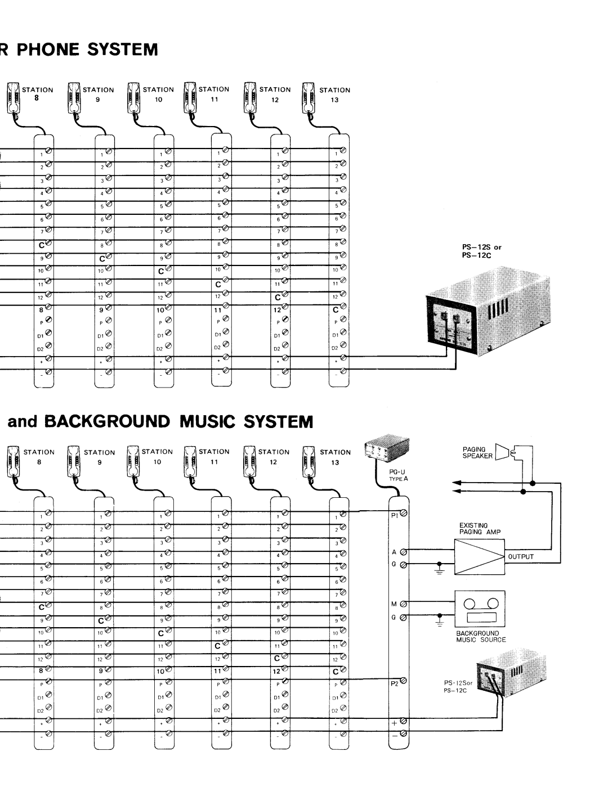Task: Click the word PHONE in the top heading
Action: (x=56, y=49)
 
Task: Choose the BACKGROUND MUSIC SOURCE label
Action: (x=481, y=636)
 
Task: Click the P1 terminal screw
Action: (x=404, y=514)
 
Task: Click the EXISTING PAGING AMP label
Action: (x=478, y=528)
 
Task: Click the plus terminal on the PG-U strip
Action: (x=404, y=721)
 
